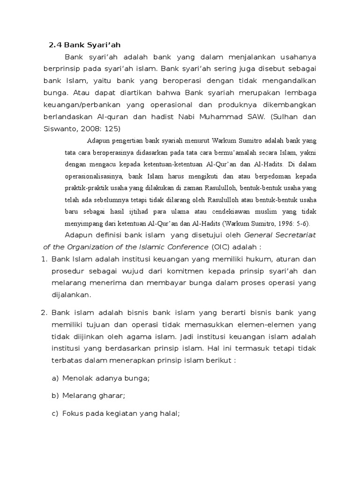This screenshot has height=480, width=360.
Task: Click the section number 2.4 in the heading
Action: (x=55, y=45)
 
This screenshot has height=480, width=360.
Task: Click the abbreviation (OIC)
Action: (x=220, y=247)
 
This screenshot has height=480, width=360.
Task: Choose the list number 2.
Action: (x=44, y=312)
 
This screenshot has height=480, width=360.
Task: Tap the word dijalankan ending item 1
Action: (x=70, y=295)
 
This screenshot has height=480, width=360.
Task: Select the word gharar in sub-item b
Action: (x=112, y=396)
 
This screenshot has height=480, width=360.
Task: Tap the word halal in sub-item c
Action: (x=169, y=413)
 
